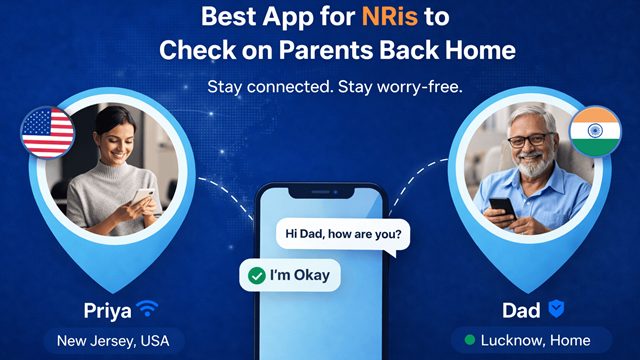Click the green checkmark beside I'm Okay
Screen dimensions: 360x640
click(257, 274)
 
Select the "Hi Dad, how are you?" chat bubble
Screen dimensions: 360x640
click(343, 236)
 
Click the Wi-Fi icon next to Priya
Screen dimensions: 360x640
click(147, 308)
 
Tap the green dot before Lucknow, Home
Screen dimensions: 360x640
click(468, 340)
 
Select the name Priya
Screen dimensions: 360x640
click(104, 308)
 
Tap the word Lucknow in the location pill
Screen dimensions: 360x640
click(513, 340)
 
